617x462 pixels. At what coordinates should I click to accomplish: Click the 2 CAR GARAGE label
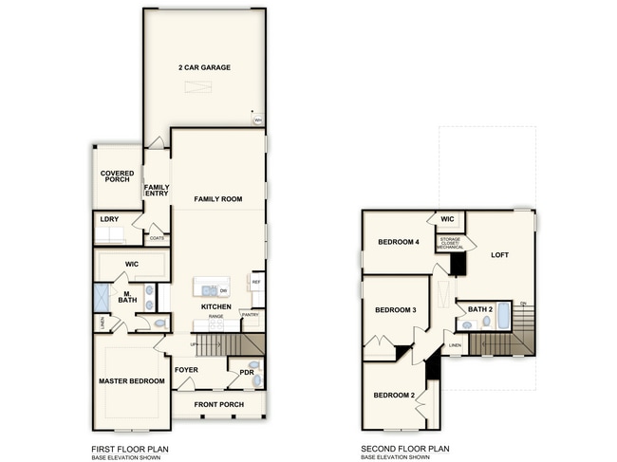coord(204,67)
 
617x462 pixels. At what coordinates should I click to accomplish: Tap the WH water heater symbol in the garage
coord(257,120)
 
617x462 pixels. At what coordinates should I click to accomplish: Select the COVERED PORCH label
coord(117,176)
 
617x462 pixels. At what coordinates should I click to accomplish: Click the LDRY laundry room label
coord(109,219)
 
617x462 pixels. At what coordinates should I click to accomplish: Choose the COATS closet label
coord(157,238)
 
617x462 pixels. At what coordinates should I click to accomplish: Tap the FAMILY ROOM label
coord(218,199)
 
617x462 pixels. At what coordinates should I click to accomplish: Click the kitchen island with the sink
coord(211,287)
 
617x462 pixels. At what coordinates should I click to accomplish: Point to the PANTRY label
coord(251,314)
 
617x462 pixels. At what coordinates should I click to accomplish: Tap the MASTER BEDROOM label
coord(131,381)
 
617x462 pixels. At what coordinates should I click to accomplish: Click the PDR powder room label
coord(245,373)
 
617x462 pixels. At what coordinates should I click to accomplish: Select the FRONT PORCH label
coord(219,405)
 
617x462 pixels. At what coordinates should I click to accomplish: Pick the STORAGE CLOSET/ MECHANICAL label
coord(451,242)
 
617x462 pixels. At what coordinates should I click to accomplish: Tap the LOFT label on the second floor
coord(499,254)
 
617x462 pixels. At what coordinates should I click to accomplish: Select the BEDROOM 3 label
coord(395,310)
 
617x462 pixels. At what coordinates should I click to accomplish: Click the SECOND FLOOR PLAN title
coord(405,449)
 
